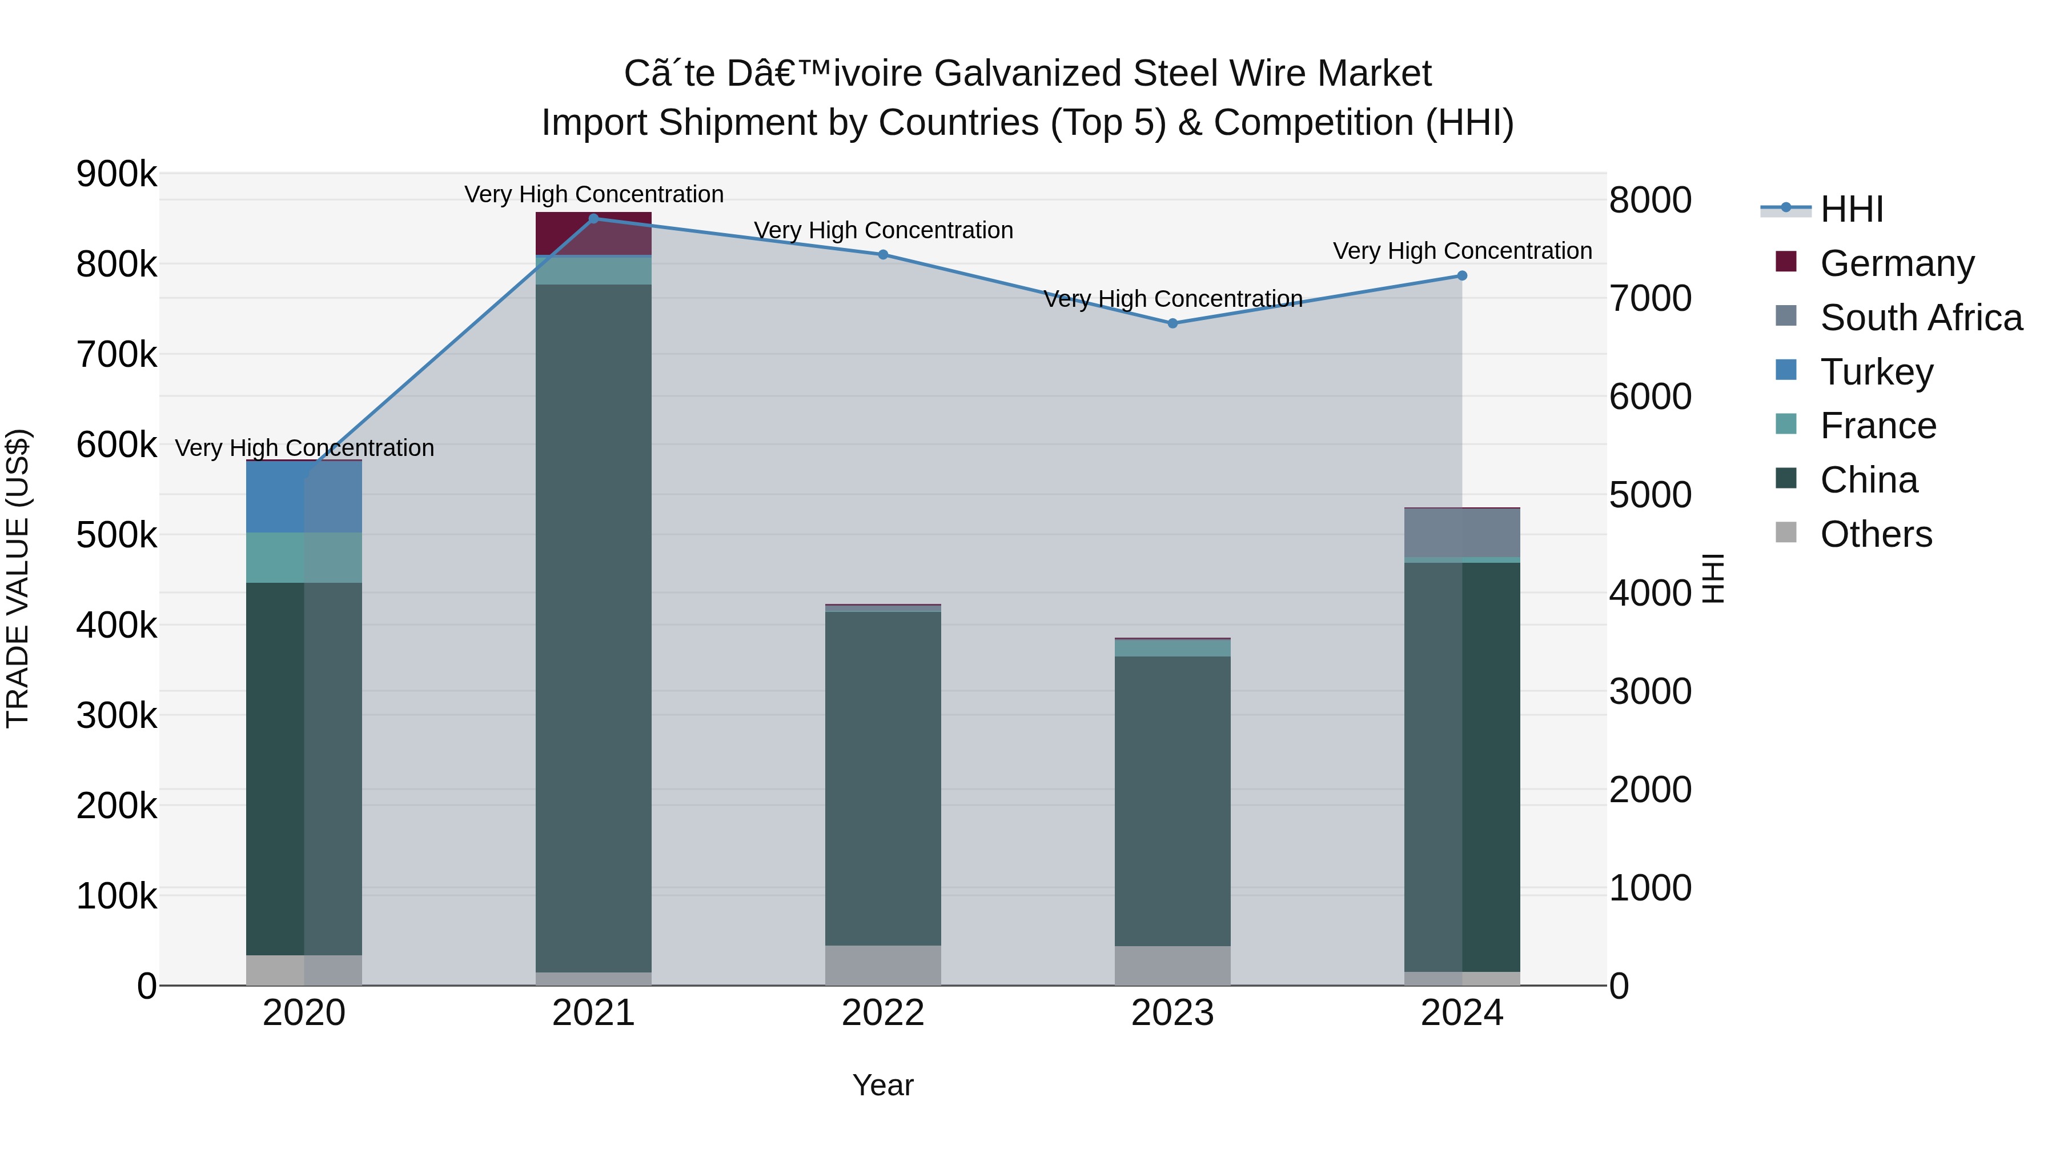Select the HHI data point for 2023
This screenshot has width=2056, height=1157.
(x=1172, y=323)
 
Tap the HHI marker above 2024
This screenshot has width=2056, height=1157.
(x=1462, y=275)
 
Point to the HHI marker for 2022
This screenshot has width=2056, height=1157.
(x=883, y=255)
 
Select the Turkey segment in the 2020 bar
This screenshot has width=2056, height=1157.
(x=303, y=497)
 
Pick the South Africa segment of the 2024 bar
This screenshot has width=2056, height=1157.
(x=1462, y=533)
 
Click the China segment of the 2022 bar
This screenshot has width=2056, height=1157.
(x=883, y=779)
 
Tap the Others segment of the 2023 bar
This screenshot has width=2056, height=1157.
(x=1172, y=966)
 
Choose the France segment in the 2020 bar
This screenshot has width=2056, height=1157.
(x=303, y=557)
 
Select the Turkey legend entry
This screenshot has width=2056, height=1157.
(x=1877, y=372)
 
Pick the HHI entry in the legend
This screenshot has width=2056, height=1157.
(x=1851, y=209)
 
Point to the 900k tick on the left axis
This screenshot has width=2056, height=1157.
(x=117, y=174)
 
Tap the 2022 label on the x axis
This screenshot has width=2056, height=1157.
(x=883, y=1013)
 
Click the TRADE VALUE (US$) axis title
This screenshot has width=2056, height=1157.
(x=18, y=578)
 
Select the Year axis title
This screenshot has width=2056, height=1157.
(x=883, y=1085)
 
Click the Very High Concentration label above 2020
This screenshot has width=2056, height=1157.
(x=304, y=448)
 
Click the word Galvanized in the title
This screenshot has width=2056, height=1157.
(x=1028, y=74)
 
